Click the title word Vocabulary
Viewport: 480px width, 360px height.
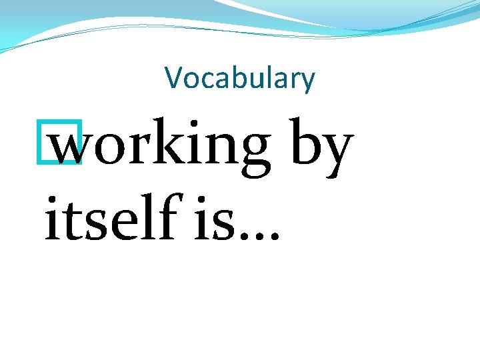tap(240, 79)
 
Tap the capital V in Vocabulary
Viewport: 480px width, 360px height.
tap(175, 78)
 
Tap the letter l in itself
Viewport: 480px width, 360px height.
tap(148, 215)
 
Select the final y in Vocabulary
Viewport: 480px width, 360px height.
tap(307, 82)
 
